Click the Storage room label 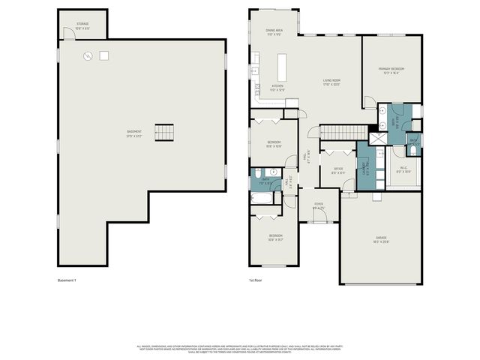pos(82,25)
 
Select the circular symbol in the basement pos(88,55)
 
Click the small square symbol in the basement pos(104,55)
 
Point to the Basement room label pos(134,133)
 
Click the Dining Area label pos(274,32)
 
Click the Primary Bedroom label pos(391,71)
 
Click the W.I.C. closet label pos(403,169)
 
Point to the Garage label pos(382,240)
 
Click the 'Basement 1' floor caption pos(67,280)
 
